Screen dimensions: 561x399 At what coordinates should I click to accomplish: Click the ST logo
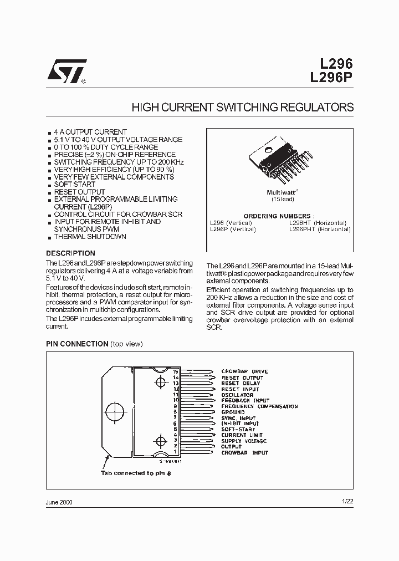[x=65, y=70]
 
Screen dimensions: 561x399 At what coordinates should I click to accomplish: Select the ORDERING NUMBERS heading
[x=279, y=216]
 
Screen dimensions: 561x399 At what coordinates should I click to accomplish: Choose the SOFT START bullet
[x=75, y=185]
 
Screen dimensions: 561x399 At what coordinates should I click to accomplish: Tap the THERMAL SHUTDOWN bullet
[x=90, y=237]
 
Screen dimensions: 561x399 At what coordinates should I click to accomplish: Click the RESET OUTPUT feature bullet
[x=79, y=192]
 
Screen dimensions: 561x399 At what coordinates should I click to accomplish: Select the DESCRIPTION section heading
[x=66, y=254]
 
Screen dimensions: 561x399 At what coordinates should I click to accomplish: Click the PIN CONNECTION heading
[x=76, y=344]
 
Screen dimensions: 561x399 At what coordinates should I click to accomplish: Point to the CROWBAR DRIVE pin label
[x=244, y=371]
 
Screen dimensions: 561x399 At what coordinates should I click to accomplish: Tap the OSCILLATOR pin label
[x=237, y=395]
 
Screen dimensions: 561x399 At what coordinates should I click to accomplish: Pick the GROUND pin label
[x=233, y=412]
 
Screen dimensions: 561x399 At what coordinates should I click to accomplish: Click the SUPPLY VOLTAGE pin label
[x=244, y=441]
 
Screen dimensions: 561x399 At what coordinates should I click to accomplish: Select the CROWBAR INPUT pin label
[x=244, y=453]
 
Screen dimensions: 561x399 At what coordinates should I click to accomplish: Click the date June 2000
[x=59, y=502]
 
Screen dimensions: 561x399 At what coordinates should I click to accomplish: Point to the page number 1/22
[x=347, y=501]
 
